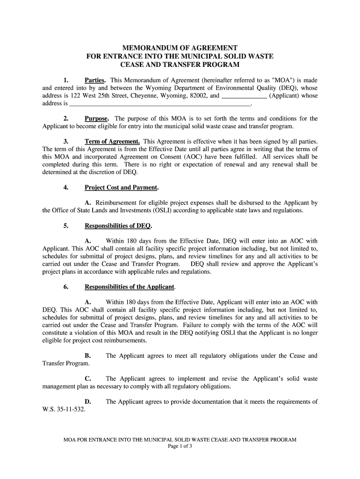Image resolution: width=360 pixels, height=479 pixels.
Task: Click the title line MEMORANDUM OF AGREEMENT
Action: tap(180, 48)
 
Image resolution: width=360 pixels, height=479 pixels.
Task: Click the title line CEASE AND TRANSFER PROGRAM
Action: tap(180, 64)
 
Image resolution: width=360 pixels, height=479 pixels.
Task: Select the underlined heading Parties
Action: tap(95, 80)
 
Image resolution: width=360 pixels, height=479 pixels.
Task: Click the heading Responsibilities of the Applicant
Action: tap(130, 287)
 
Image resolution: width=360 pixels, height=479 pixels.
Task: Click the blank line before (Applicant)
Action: tap(244, 96)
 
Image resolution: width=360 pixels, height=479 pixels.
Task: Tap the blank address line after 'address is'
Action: tap(160, 103)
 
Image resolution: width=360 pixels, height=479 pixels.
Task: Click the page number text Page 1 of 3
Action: tap(180, 446)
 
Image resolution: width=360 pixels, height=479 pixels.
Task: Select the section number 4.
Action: tap(66, 188)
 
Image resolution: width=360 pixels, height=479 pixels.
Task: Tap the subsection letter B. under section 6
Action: tap(87, 356)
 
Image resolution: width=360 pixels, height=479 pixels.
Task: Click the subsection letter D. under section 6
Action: tap(87, 402)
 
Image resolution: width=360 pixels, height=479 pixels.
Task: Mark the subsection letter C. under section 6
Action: tap(87, 379)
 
